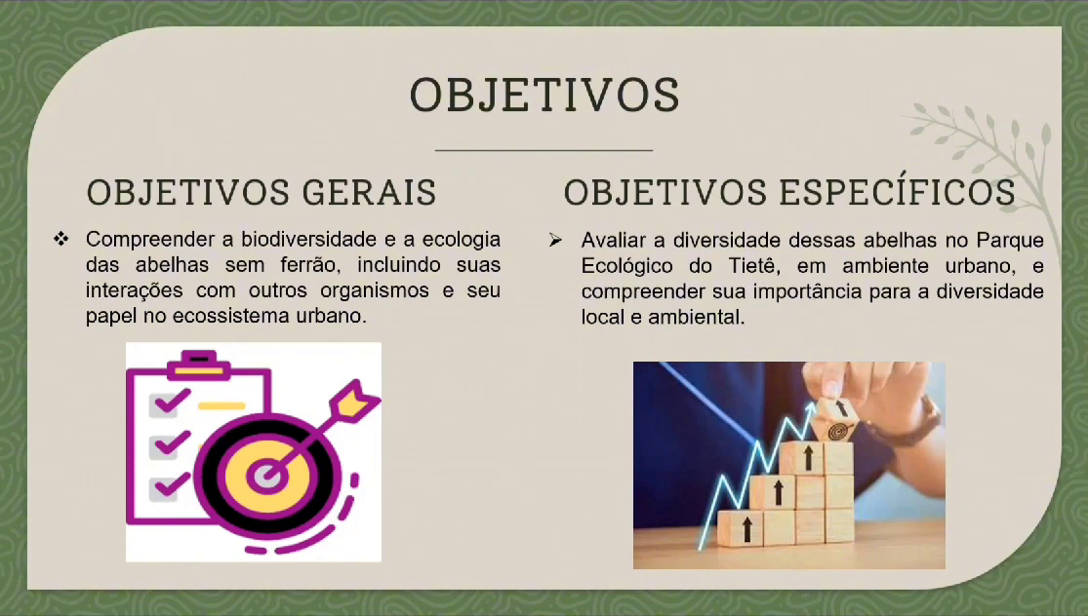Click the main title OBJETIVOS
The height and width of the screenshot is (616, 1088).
click(x=544, y=95)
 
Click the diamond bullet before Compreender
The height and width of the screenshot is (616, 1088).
click(x=61, y=239)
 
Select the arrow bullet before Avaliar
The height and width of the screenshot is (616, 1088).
click(x=555, y=240)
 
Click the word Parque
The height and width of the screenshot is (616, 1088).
click(x=1010, y=240)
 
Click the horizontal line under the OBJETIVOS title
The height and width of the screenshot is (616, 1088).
click(x=544, y=150)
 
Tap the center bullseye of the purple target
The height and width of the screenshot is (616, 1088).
click(x=267, y=476)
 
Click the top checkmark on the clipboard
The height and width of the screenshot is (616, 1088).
click(x=171, y=401)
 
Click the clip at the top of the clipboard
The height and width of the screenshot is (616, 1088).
click(x=198, y=365)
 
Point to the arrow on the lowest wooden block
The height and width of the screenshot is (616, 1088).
click(x=746, y=528)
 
